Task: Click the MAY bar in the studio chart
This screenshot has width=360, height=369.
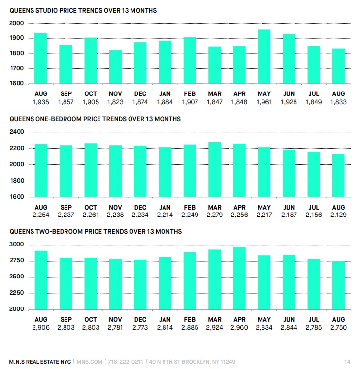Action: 264,57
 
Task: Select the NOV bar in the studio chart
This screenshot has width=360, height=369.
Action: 115,67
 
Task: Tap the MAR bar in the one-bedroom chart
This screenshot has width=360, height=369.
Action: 215,169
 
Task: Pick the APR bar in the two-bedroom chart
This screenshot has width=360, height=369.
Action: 239,278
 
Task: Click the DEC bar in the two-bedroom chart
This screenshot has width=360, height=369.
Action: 140,285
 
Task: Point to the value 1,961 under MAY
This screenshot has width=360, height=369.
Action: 264,102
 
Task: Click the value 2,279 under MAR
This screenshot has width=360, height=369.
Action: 215,215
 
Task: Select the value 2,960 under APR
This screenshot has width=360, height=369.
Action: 239,327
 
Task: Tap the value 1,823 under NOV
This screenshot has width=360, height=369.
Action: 115,102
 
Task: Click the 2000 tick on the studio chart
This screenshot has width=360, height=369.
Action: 16,23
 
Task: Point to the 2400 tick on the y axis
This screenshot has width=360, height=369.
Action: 17,132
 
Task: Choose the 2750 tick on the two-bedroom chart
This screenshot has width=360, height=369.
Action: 17,260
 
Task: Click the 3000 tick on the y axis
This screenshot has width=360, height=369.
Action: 16,244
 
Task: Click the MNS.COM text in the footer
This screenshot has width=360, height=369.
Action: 90,362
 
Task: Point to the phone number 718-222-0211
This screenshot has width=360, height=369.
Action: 126,362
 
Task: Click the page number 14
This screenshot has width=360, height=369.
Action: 347,362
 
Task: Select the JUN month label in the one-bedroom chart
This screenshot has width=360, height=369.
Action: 289,207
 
